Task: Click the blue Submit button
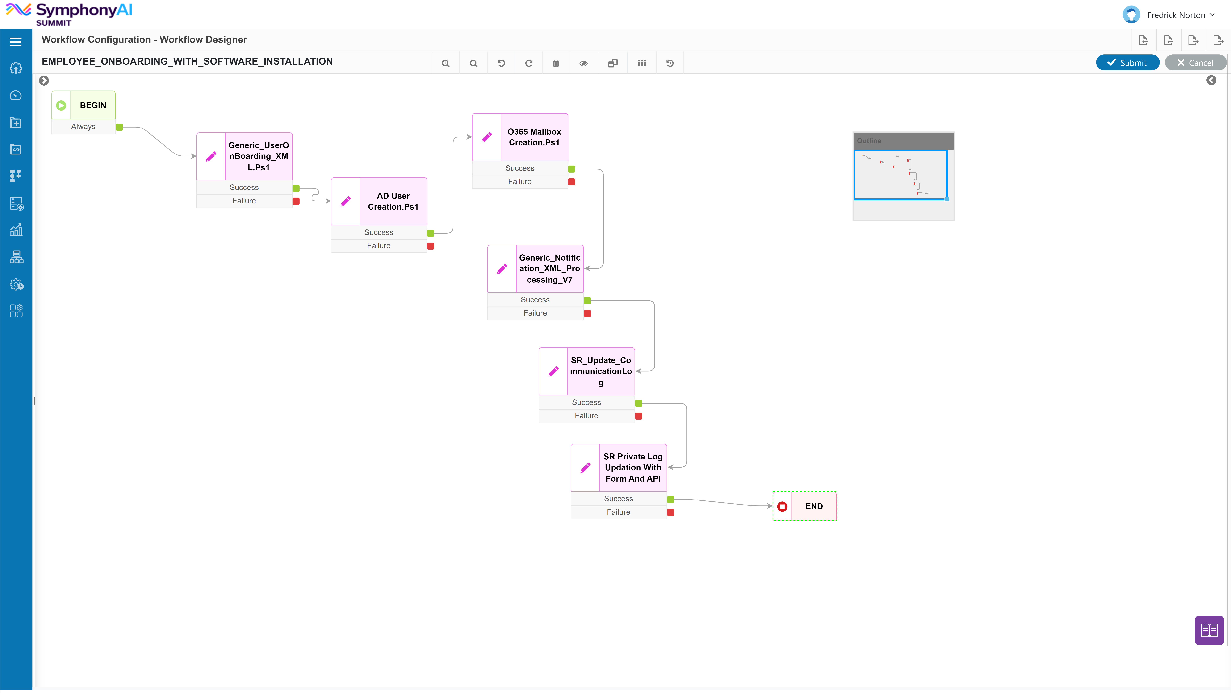[1127, 63]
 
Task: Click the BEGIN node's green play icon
[61, 105]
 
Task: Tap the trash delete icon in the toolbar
[556, 63]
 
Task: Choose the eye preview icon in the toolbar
[583, 63]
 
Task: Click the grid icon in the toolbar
[642, 63]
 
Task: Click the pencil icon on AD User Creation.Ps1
[346, 201]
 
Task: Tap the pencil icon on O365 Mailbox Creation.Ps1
[486, 137]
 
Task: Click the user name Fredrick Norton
[1176, 15]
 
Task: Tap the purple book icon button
[1209, 630]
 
